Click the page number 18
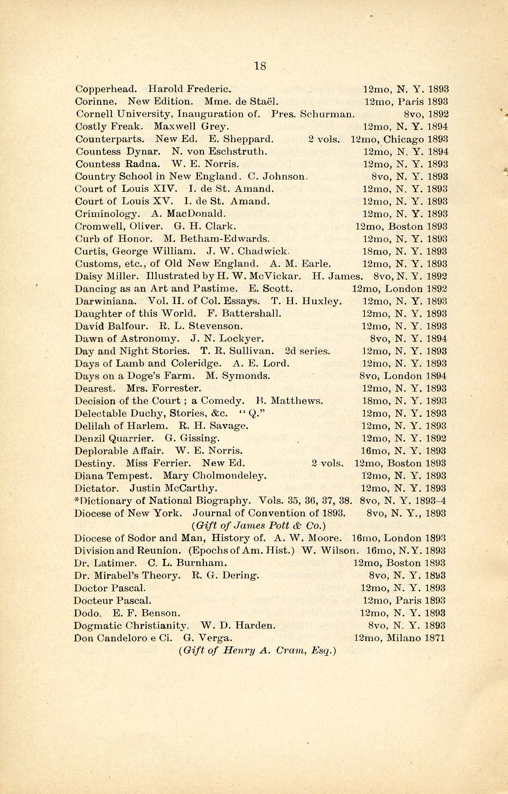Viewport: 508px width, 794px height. [260, 66]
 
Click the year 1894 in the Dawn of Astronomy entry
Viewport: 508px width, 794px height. [437, 339]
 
